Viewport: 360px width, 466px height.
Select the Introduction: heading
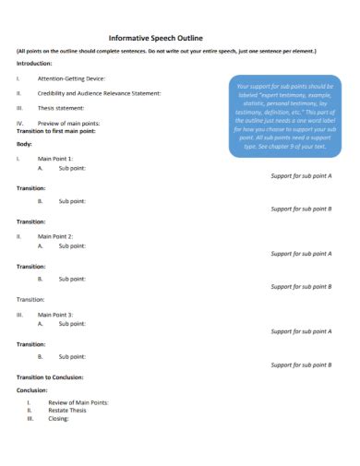pos(34,64)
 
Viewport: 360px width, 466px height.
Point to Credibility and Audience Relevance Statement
pos(99,93)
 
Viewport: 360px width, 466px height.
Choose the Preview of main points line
pos(68,123)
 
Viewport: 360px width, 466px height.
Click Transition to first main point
pos(55,131)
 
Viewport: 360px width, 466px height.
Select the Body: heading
pos(25,145)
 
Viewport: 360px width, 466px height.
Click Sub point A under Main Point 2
pos(71,246)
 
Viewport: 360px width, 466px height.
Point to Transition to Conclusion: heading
pos(50,376)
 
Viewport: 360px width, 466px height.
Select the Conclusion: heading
pos(32,389)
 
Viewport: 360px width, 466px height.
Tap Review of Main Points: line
pos(78,403)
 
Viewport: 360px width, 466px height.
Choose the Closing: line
pos(58,419)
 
